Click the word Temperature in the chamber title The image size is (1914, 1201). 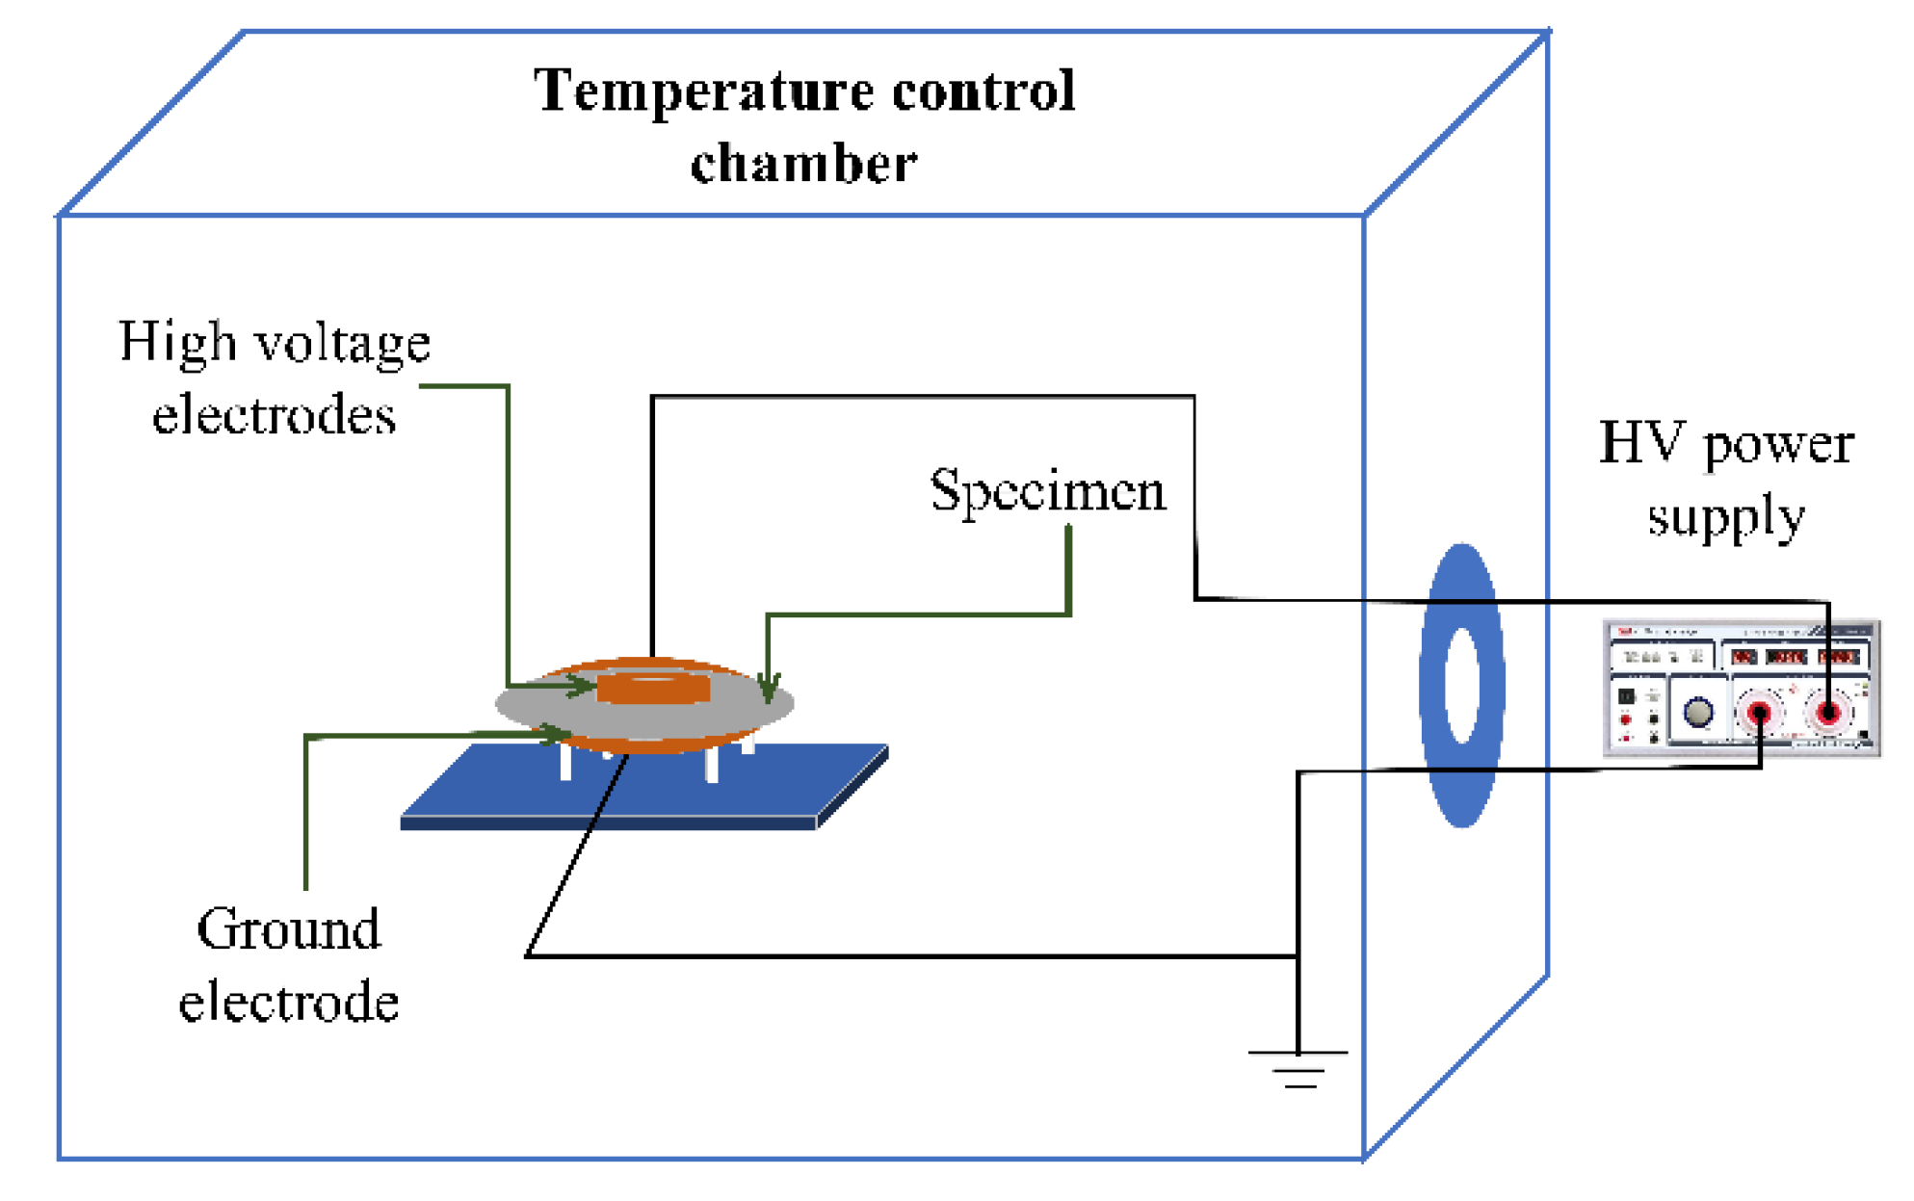coord(704,91)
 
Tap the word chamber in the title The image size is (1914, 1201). coord(803,163)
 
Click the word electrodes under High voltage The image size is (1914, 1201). coord(274,416)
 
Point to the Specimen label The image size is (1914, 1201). coord(1047,490)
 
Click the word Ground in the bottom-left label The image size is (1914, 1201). coord(288,929)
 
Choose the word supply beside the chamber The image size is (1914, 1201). coord(1725,517)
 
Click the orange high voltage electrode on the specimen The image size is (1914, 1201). coord(653,688)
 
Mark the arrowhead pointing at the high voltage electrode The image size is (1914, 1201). coord(584,686)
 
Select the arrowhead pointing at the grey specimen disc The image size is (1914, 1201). coord(769,690)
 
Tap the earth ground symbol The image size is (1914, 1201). coord(1298,1068)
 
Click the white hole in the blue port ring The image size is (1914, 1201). coord(1462,685)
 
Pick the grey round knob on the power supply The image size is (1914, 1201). coord(1697,712)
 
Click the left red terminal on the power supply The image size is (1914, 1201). coord(1759,714)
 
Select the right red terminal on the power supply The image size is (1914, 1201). coord(1827,714)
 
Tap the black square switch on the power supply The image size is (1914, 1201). coord(1626,695)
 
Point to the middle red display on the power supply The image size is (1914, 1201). coord(1786,657)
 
